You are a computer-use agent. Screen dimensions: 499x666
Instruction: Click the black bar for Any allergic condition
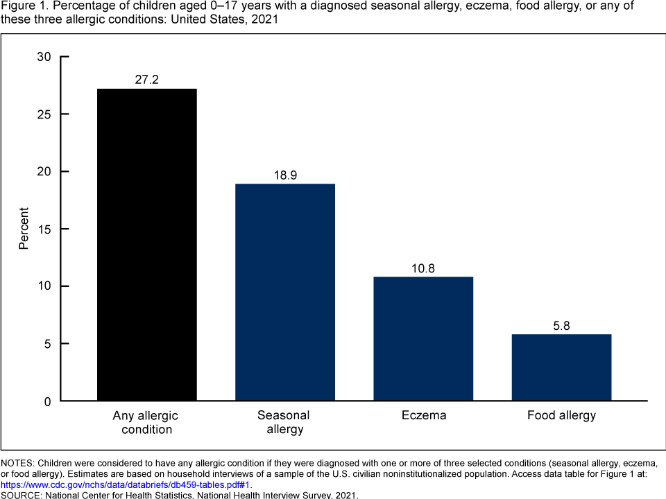(146, 245)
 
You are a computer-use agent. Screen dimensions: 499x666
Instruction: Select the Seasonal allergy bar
(285, 292)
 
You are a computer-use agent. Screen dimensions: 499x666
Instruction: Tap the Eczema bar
(423, 338)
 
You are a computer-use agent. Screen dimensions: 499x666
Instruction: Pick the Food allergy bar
(561, 367)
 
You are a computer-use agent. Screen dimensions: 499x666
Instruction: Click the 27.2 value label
(146, 80)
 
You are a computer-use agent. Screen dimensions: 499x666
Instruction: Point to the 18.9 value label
(285, 175)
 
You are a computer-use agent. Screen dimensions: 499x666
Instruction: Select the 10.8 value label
(423, 268)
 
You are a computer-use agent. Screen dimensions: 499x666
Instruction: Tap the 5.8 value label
(561, 326)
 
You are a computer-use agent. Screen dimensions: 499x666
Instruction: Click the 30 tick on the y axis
(44, 57)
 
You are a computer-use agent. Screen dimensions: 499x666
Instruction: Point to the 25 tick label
(44, 114)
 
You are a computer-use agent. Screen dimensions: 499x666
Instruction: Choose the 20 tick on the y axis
(44, 172)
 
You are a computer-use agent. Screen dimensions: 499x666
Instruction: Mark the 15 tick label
(44, 229)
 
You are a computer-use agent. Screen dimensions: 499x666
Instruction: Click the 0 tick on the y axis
(47, 401)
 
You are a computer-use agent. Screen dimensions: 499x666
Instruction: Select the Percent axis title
(24, 229)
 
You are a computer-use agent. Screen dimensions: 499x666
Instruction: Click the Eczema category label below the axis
(423, 416)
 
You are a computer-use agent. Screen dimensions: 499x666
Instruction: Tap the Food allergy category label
(561, 416)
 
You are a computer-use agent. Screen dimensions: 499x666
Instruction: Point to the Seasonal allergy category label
(284, 422)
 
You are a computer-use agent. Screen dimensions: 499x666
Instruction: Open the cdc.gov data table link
(125, 485)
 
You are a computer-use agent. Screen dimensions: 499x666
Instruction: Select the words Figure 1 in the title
(22, 6)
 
